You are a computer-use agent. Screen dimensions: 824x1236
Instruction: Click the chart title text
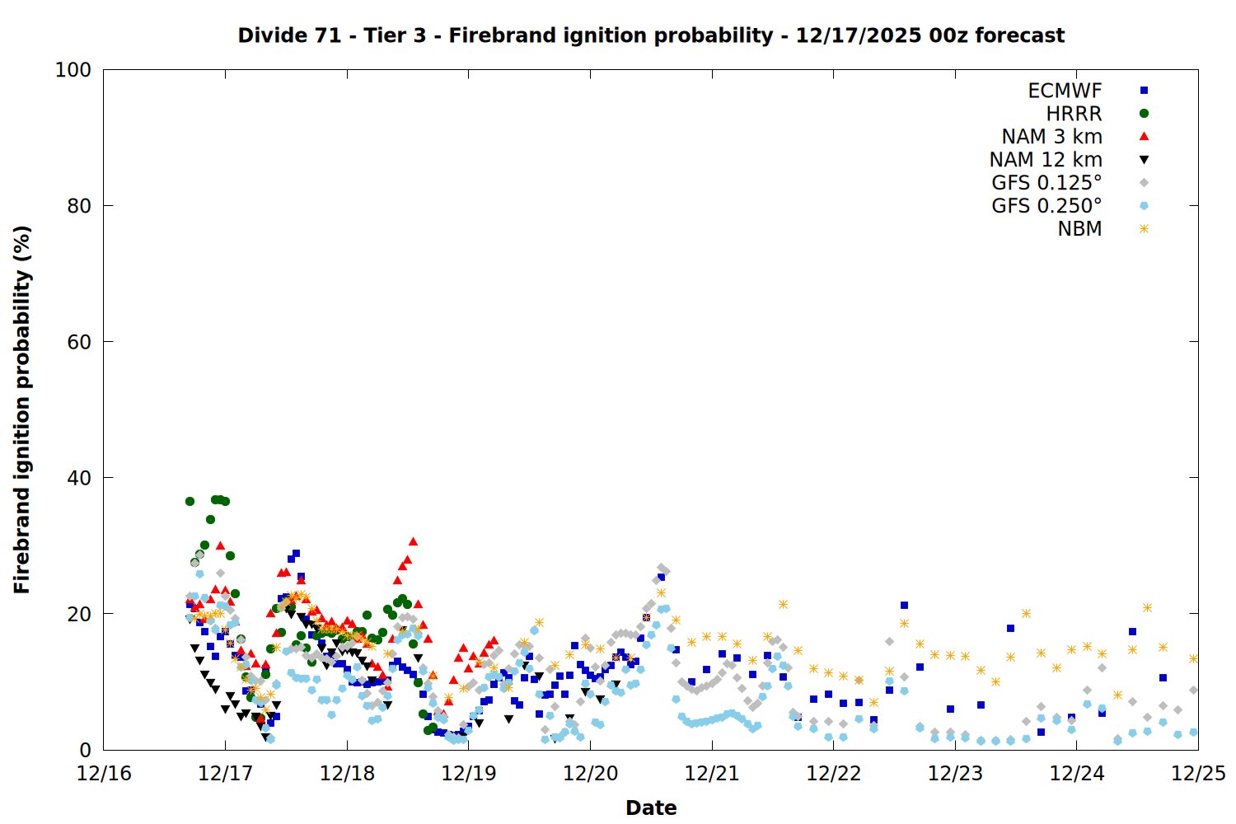(x=651, y=35)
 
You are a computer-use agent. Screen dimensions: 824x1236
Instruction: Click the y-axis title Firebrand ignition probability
(x=22, y=410)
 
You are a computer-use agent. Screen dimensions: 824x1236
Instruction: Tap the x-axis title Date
(x=651, y=808)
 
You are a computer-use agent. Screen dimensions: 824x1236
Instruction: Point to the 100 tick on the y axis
(x=73, y=70)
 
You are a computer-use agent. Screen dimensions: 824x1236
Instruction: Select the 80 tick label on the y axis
(x=78, y=206)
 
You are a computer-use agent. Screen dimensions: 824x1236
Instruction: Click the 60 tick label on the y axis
(x=78, y=342)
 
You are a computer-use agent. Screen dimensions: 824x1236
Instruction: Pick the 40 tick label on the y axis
(x=78, y=478)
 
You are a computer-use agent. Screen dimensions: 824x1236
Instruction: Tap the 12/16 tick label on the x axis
(x=104, y=774)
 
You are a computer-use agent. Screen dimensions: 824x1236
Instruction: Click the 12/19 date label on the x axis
(x=469, y=774)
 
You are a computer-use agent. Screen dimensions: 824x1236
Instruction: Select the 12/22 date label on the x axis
(x=834, y=774)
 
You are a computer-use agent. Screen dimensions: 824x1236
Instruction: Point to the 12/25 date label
(x=1198, y=774)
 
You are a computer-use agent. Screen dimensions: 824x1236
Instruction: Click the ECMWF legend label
(x=1065, y=91)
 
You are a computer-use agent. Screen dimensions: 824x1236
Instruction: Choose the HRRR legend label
(x=1074, y=114)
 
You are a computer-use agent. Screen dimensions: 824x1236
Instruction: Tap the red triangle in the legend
(x=1144, y=136)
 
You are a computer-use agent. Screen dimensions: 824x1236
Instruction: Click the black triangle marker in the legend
(x=1144, y=160)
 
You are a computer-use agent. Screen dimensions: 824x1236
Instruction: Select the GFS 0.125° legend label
(x=1046, y=183)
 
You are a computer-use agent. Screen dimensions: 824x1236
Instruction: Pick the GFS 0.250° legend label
(x=1046, y=206)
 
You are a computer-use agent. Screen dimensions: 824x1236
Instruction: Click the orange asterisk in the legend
(x=1144, y=229)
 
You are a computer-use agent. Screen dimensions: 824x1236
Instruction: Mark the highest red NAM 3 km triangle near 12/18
(x=413, y=541)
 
